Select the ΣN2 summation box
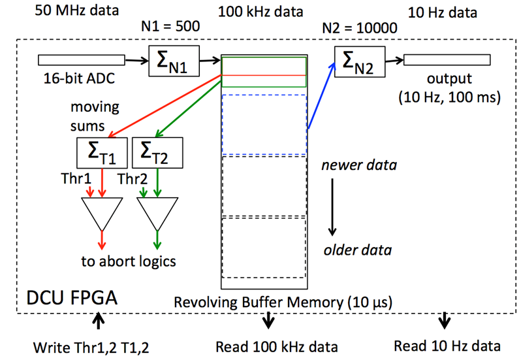[x=358, y=63]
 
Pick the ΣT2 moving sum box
[x=156, y=153]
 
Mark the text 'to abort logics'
[x=129, y=263]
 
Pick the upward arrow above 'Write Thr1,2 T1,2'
[x=98, y=321]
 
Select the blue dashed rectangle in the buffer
[x=264, y=124]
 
